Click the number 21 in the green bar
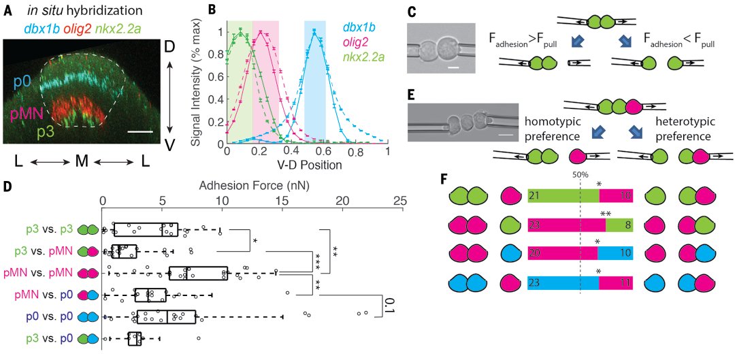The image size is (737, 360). coord(535,197)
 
